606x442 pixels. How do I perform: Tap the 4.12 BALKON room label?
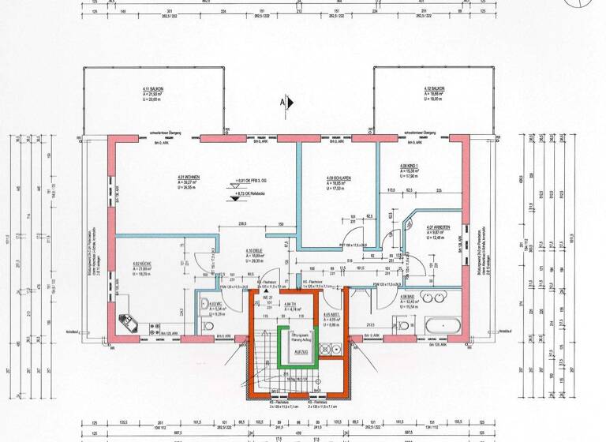pyautogui.click(x=434, y=88)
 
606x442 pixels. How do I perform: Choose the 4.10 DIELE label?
pyautogui.click(x=254, y=252)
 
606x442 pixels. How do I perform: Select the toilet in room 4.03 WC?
pyautogui.click(x=208, y=325)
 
